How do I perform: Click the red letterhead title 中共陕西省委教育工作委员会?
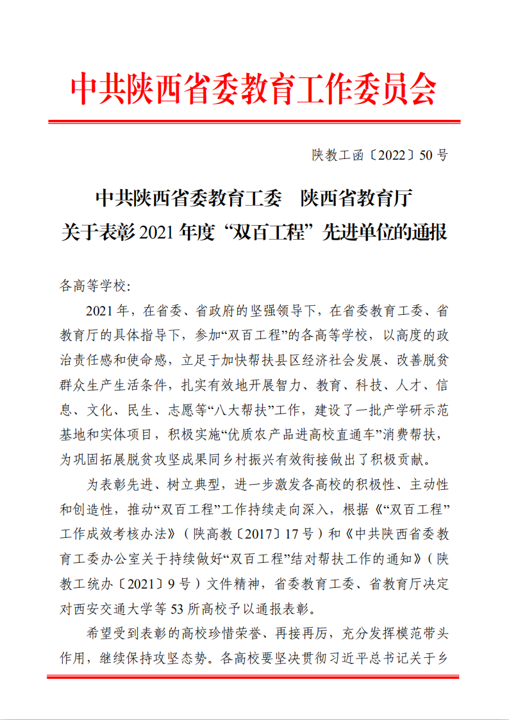point(254,88)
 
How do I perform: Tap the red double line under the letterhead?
point(254,121)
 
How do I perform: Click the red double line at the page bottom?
point(254,676)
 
